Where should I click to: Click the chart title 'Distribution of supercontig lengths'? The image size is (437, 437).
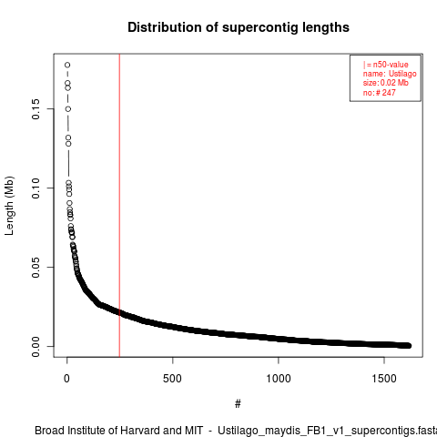click(239, 27)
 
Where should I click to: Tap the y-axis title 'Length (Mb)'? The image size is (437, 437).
click(9, 206)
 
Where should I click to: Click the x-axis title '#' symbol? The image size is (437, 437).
click(238, 404)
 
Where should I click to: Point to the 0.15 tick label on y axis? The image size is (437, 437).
click(36, 109)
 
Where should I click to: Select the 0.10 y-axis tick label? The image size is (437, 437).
click(36, 188)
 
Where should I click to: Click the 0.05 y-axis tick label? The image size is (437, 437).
click(36, 268)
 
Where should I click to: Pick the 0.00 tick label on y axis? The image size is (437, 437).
click(36, 347)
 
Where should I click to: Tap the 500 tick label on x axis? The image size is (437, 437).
click(172, 379)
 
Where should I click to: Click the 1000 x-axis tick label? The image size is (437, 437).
click(279, 379)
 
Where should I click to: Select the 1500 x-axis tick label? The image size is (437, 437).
click(384, 379)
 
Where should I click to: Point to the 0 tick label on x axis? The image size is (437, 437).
click(66, 379)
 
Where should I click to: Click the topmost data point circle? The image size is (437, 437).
click(67, 65)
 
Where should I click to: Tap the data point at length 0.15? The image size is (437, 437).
click(68, 109)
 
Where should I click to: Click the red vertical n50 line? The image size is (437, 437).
click(119, 206)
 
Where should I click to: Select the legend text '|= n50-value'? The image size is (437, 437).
click(386, 65)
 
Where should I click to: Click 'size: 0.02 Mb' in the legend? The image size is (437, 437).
click(386, 83)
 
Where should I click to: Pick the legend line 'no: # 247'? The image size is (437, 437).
click(380, 93)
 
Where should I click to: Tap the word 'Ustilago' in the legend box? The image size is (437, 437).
click(402, 74)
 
